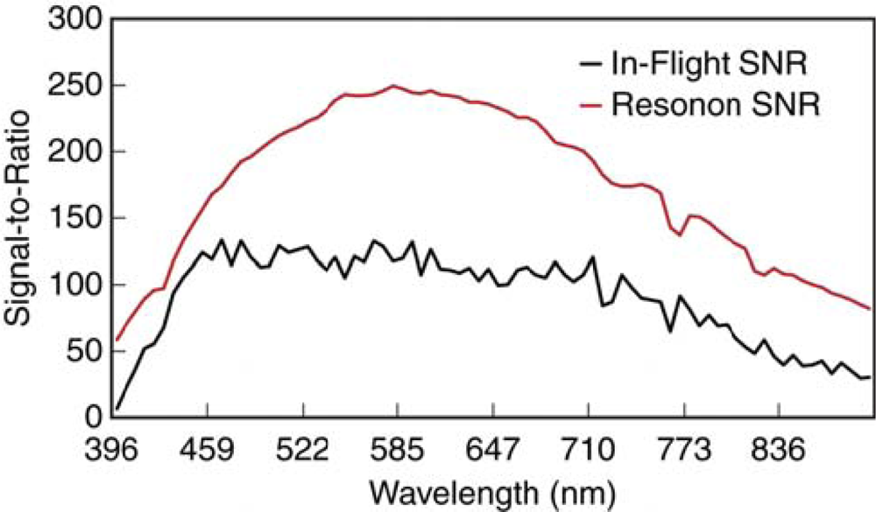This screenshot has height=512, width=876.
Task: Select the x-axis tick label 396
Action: click(116, 451)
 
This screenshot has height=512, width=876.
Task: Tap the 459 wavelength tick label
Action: click(207, 451)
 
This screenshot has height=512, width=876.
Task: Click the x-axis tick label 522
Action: click(302, 451)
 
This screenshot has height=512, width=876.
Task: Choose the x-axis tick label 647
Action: click(493, 451)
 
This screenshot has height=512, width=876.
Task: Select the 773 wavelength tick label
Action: click(684, 451)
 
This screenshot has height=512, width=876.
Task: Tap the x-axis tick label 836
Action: click(780, 451)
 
